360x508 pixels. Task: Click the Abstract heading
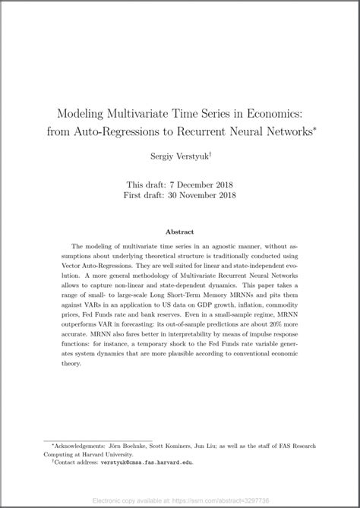coord(180,231)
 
